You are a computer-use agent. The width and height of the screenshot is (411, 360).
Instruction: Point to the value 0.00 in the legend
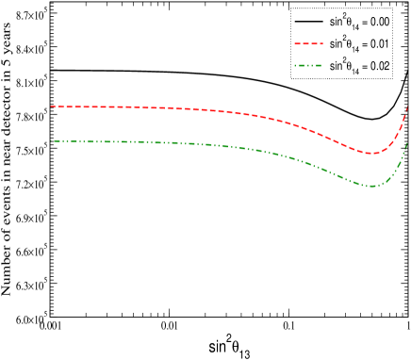[389, 20]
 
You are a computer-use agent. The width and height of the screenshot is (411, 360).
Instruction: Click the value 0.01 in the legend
[389, 43]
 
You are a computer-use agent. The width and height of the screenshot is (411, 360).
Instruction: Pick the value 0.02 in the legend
[389, 67]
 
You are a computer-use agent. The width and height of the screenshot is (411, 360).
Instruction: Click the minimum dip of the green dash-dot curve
[373, 186]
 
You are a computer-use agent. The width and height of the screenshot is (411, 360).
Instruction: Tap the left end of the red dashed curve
[50, 106]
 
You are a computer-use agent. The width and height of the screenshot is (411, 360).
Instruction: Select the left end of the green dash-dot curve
[50, 140]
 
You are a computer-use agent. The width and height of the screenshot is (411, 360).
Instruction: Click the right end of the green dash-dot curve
[406, 143]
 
